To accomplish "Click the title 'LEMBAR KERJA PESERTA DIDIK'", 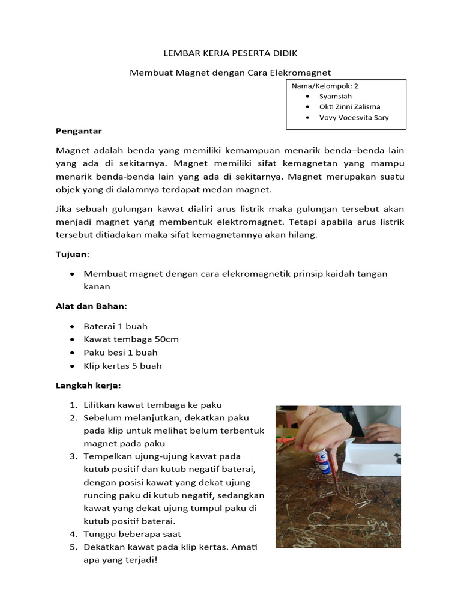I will [x=230, y=53].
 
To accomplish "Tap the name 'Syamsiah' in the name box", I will [x=335, y=96].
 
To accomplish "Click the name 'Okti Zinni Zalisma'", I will [x=349, y=107].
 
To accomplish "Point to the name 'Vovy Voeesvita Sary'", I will [x=354, y=118].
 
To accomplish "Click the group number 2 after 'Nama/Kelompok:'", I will [x=356, y=86].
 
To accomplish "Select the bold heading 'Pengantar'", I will [x=79, y=130].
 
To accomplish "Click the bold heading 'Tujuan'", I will [x=71, y=255].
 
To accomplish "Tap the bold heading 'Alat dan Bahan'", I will [x=89, y=306].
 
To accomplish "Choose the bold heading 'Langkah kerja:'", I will [x=88, y=384].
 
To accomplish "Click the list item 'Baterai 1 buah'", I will [x=115, y=326].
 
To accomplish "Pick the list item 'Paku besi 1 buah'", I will [x=121, y=353].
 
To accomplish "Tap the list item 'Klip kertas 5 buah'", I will [x=122, y=366].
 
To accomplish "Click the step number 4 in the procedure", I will [x=73, y=534].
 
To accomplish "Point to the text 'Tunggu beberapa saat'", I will [x=133, y=534].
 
